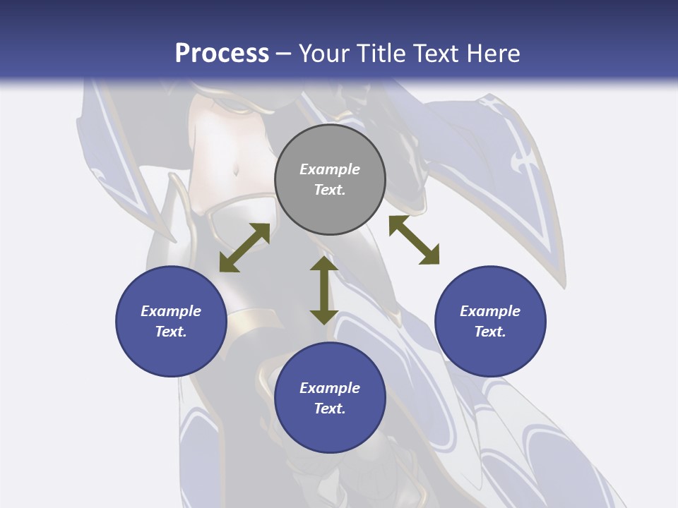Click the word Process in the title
(222, 54)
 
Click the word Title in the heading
(379, 54)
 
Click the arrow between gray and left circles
(244, 248)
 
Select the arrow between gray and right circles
(414, 240)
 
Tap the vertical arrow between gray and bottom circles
(323, 291)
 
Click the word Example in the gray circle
(330, 169)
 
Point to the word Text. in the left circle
(171, 332)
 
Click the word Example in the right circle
(490, 311)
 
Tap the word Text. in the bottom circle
(330, 409)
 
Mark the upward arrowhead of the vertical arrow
(323, 265)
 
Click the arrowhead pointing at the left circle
(228, 264)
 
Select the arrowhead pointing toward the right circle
(430, 256)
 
